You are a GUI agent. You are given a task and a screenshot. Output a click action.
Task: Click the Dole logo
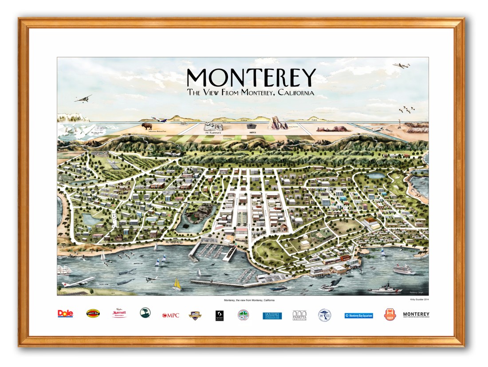point(65,314)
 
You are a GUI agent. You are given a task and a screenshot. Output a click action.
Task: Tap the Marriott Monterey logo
point(119,313)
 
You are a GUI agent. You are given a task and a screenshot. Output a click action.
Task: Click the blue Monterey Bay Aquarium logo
point(358,315)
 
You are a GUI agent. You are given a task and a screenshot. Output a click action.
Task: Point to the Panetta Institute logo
point(300,315)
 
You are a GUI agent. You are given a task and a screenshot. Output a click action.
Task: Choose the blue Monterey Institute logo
point(272,315)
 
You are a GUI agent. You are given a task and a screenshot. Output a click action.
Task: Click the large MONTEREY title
point(251,78)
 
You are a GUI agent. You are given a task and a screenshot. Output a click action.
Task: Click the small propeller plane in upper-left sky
point(83,98)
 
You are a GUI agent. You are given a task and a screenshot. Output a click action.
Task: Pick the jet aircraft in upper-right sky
point(401,65)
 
